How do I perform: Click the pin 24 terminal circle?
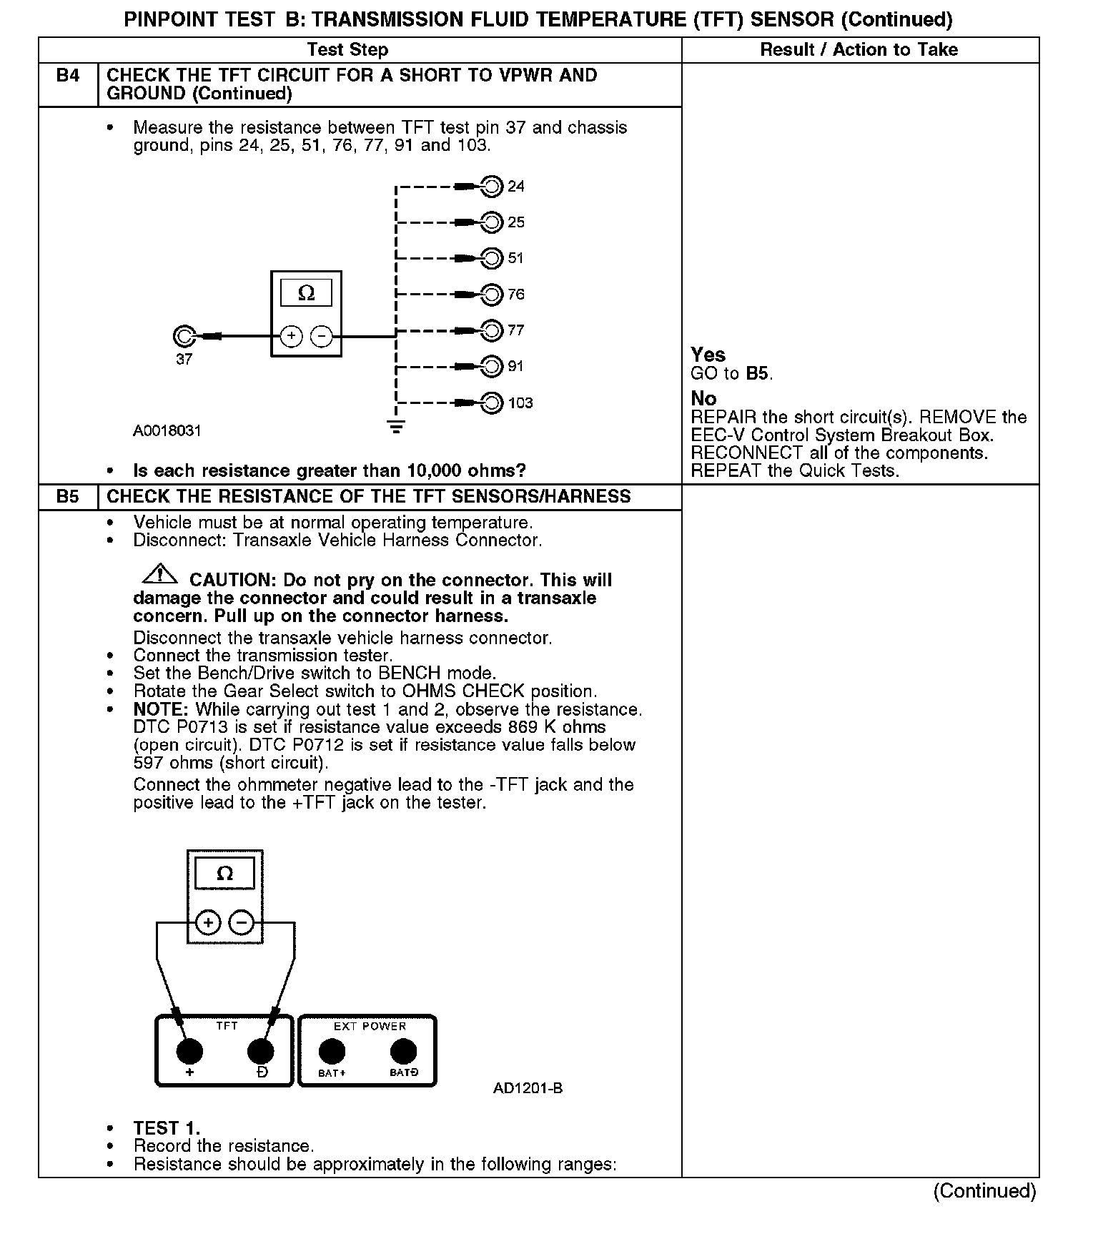tap(492, 187)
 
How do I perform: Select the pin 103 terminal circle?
tap(492, 403)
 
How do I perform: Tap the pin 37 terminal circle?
tap(184, 336)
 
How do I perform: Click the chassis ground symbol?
tap(395, 428)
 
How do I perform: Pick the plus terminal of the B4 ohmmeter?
tap(291, 336)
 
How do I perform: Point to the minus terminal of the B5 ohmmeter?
tap(242, 923)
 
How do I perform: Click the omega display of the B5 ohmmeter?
tap(224, 874)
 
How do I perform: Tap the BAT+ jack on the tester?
tap(331, 1051)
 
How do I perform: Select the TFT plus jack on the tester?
tap(189, 1051)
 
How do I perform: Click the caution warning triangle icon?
tap(160, 574)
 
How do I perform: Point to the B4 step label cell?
tap(68, 76)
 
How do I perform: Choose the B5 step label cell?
tap(68, 497)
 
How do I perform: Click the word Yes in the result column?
tap(708, 355)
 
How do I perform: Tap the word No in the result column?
tap(703, 398)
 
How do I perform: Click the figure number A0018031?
tap(167, 431)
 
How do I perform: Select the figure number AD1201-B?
tap(528, 1088)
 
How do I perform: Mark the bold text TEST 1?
tap(167, 1128)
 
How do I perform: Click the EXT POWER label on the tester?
tap(370, 1026)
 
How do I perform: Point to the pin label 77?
tap(515, 330)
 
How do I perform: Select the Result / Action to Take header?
tap(859, 49)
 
